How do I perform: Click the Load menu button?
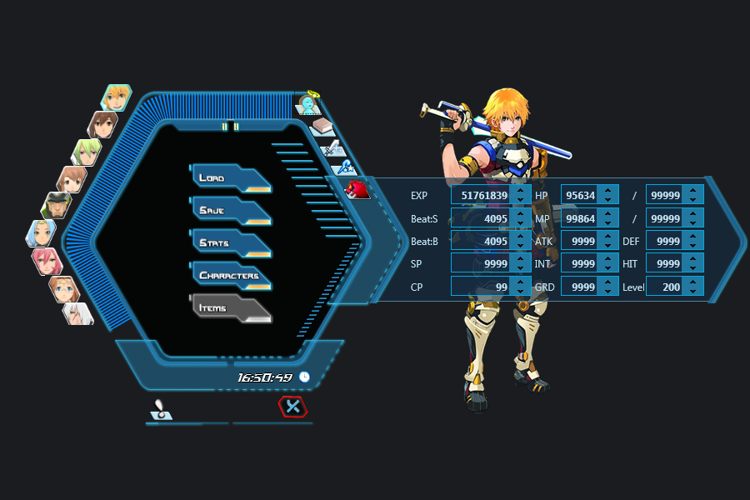click(x=229, y=178)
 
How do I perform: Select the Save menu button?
click(x=229, y=211)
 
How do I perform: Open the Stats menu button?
click(x=229, y=243)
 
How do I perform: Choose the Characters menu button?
click(x=230, y=276)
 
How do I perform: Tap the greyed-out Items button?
click(x=229, y=308)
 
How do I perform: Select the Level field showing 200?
click(x=667, y=287)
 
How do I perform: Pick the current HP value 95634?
click(x=581, y=195)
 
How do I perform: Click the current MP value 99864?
click(x=581, y=218)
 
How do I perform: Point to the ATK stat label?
click(x=543, y=241)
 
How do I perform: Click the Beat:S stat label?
click(x=424, y=218)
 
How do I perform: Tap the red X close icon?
click(x=292, y=407)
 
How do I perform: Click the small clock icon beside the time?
click(x=304, y=377)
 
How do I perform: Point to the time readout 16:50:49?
click(x=264, y=377)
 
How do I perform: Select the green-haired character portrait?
click(x=87, y=152)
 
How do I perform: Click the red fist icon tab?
click(x=357, y=189)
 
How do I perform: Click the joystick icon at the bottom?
click(x=161, y=409)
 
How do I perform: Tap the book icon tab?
click(x=322, y=127)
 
